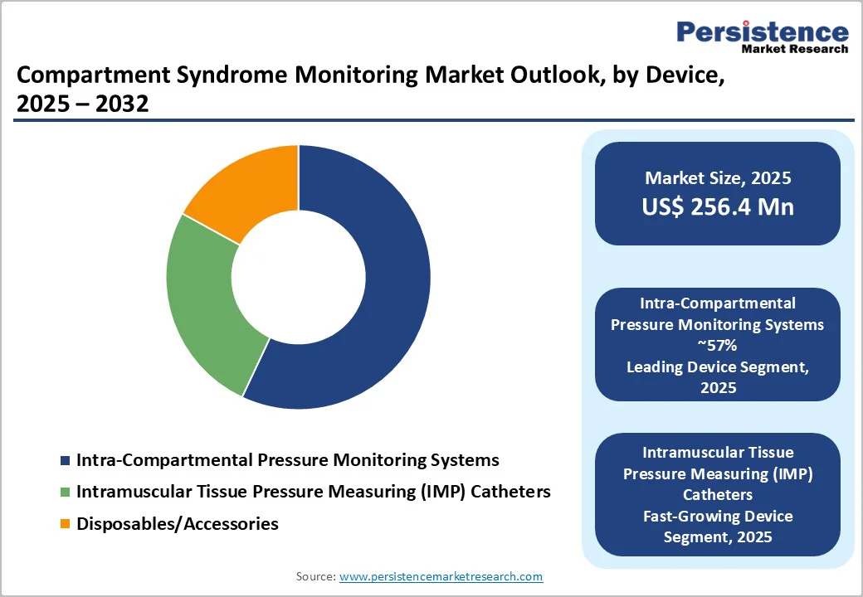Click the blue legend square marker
pos(66,460)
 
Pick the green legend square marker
pos(66,493)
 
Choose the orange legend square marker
pos(66,525)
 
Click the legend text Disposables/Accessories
pos(177,524)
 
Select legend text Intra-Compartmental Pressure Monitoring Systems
pos(287,459)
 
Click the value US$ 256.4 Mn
pos(718,206)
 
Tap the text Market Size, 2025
pos(718,178)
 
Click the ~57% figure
pos(718,346)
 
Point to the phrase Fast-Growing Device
pos(718,516)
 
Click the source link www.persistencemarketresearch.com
pos(441,576)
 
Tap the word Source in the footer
pos(315,576)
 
